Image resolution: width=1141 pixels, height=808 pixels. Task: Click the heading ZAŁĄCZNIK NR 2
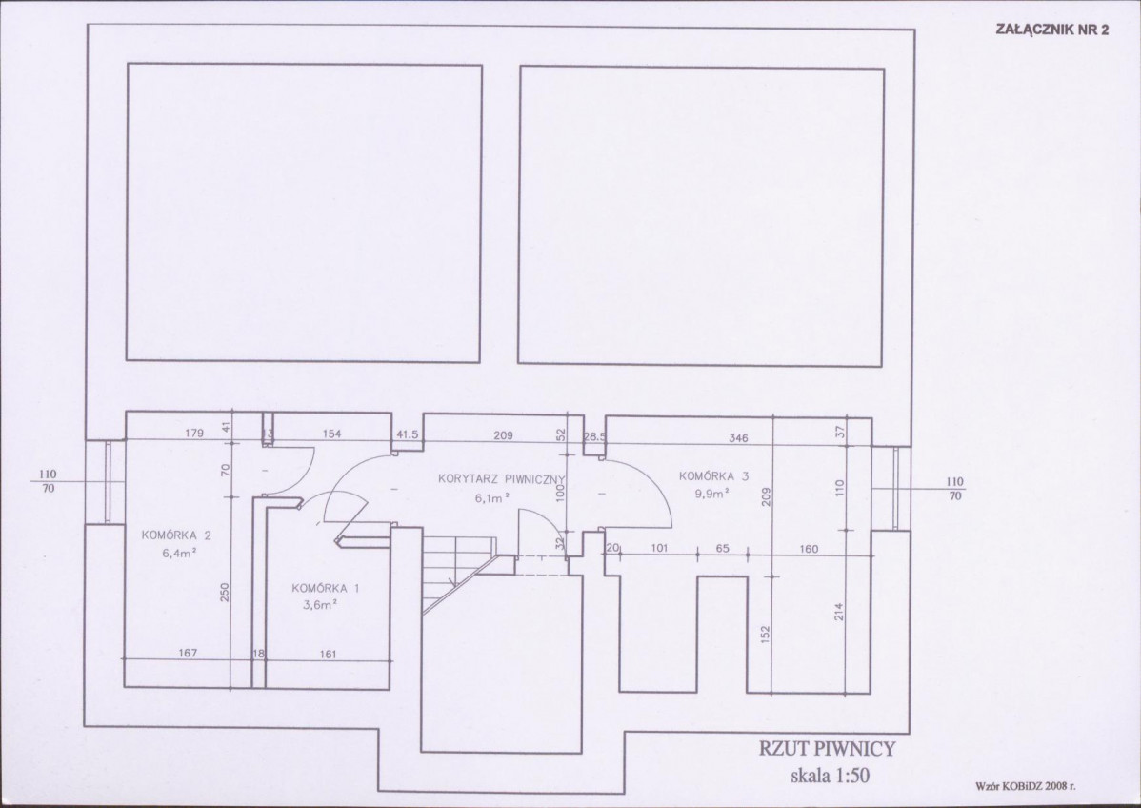(x=1051, y=30)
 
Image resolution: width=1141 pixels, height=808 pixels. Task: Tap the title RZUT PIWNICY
(x=828, y=748)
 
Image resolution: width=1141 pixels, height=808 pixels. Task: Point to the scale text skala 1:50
(x=830, y=776)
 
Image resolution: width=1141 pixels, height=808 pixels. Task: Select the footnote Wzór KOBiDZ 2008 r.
(x=1025, y=786)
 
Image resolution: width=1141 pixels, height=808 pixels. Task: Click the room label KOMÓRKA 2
(x=177, y=535)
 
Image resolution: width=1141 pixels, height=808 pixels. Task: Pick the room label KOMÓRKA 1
(x=326, y=588)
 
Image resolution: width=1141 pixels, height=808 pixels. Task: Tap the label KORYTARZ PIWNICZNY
(x=502, y=479)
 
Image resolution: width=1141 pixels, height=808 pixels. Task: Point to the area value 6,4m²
(x=179, y=554)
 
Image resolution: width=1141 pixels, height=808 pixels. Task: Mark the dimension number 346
(x=738, y=438)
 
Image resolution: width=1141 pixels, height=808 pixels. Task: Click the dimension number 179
(x=194, y=434)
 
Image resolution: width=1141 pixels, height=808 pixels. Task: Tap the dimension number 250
(x=225, y=593)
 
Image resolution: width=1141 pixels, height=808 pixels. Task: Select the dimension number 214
(x=839, y=612)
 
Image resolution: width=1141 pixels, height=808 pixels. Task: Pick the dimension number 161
(x=329, y=655)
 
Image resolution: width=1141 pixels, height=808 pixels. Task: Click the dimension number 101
(x=659, y=549)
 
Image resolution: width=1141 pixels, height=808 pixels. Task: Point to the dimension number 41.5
(x=408, y=435)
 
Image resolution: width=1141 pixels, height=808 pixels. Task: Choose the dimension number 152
(x=765, y=634)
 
